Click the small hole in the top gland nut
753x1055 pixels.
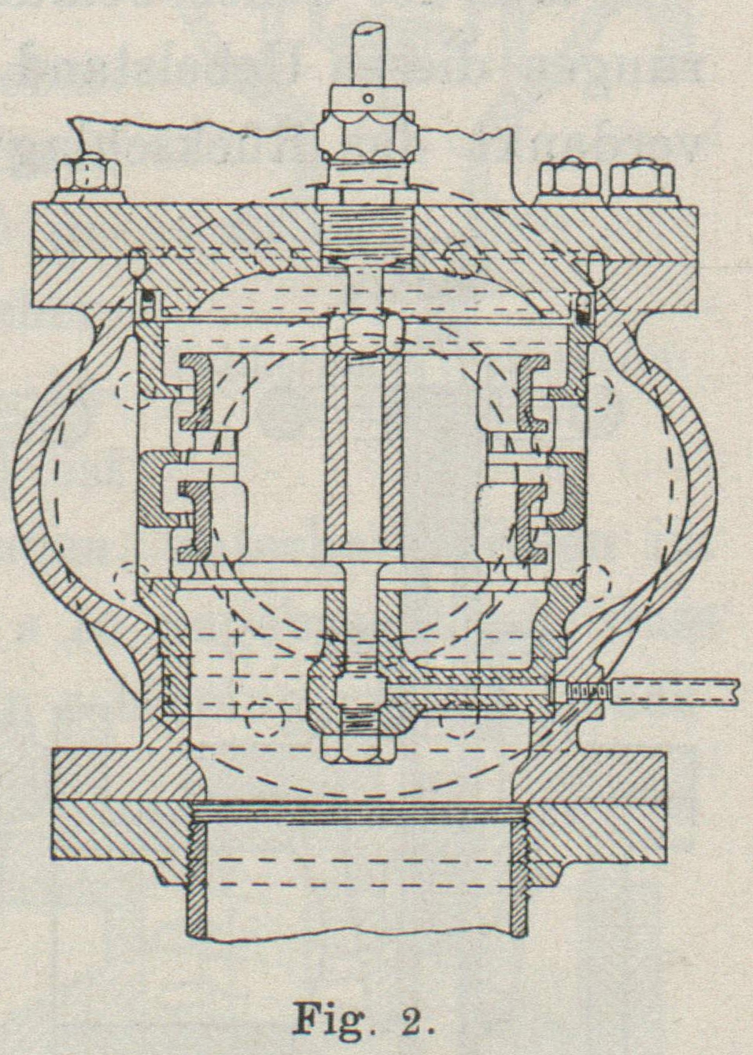tap(367, 98)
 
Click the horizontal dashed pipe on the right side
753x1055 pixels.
tap(677, 692)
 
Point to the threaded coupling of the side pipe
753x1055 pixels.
tap(586, 691)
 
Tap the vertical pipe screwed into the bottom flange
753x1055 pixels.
tap(357, 874)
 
